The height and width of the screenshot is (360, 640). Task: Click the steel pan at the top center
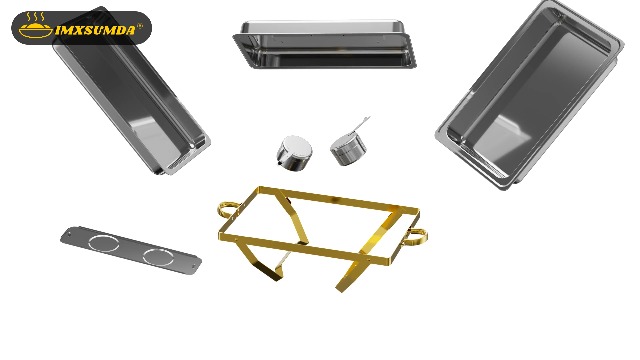pos(324,45)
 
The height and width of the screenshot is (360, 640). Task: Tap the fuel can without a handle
pos(294,152)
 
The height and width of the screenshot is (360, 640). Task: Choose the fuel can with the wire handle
pos(347,148)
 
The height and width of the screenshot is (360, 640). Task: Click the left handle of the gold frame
pos(229,210)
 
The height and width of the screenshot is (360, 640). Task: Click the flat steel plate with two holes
pos(130,249)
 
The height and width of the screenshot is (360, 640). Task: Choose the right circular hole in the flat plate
pos(157,256)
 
